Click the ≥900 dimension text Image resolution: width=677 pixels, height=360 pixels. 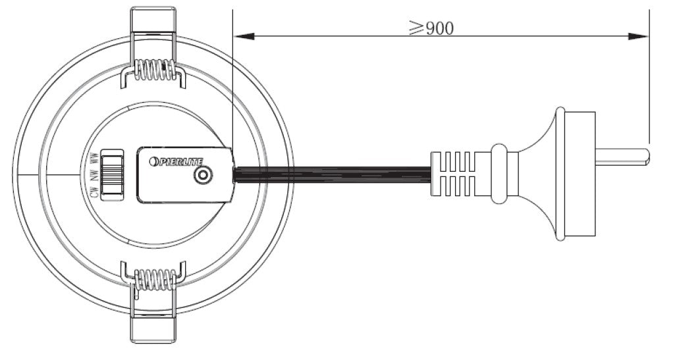431,28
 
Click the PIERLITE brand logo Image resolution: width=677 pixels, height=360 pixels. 176,161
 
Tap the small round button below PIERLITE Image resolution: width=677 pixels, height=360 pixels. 203,176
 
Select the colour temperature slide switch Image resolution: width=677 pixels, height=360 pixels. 112,174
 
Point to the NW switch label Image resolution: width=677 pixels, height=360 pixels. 95,174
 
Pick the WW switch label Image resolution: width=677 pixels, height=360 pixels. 95,158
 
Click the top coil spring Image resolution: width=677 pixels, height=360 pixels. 155,70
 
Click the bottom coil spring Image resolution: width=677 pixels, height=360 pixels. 155,279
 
